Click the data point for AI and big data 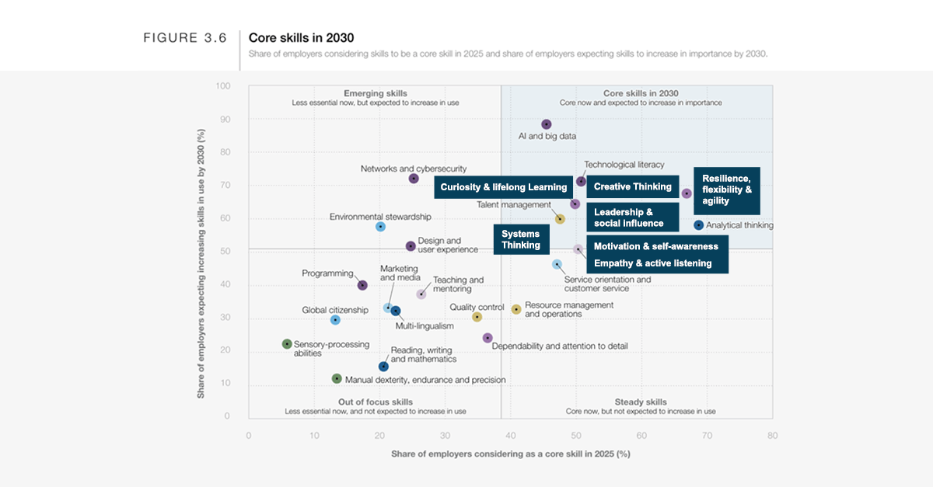coord(546,124)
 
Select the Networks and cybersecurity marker coord(414,179)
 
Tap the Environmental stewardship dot coord(380,227)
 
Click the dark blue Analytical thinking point coord(698,225)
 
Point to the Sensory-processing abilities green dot coord(287,344)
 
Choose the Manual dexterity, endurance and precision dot coord(337,379)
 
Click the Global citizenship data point coord(335,320)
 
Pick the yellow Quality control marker coord(477,317)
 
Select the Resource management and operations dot coord(516,309)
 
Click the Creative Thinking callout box coord(633,187)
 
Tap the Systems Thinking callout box coord(521,239)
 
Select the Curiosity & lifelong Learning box coord(504,187)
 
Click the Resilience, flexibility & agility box coord(726,190)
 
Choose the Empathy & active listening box coord(653,263)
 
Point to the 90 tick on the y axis coord(225,119)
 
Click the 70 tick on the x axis coord(707,436)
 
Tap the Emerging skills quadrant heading coord(375,93)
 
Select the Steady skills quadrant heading coord(641,402)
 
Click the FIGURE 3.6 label coord(185,38)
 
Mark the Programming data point coord(362,285)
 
